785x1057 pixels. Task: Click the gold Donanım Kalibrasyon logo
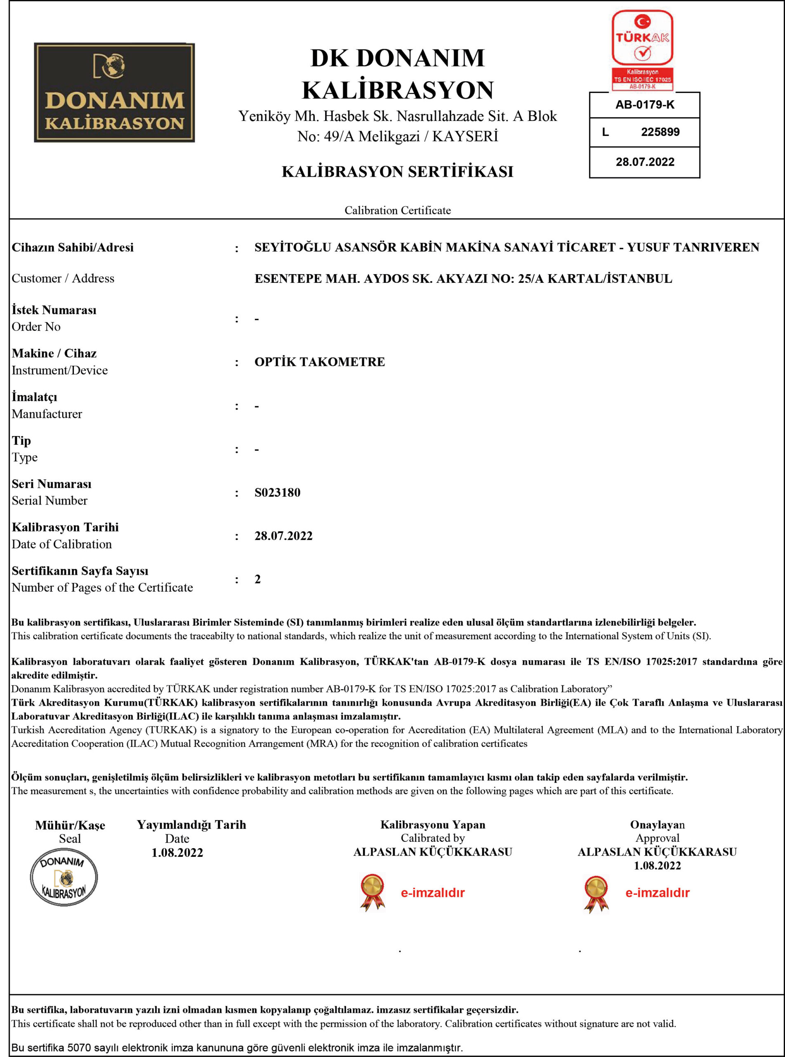(x=114, y=93)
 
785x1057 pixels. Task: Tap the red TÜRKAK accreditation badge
(x=642, y=50)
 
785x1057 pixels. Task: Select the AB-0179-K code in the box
(x=644, y=104)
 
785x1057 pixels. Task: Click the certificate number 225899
(x=660, y=132)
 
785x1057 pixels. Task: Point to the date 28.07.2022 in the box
(x=645, y=162)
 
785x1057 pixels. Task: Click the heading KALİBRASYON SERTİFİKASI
(x=397, y=172)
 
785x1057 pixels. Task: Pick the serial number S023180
(x=278, y=493)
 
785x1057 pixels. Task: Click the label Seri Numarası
(x=51, y=484)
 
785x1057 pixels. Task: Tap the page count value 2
(x=257, y=579)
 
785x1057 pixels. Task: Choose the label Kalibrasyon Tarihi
(x=65, y=527)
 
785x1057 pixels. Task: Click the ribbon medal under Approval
(x=596, y=893)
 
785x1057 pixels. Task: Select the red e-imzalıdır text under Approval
(x=657, y=893)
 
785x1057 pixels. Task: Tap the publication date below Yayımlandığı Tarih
(x=177, y=853)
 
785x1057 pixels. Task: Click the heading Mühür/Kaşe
(x=70, y=825)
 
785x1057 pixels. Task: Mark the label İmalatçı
(x=34, y=397)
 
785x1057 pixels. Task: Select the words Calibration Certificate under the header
(x=397, y=210)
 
